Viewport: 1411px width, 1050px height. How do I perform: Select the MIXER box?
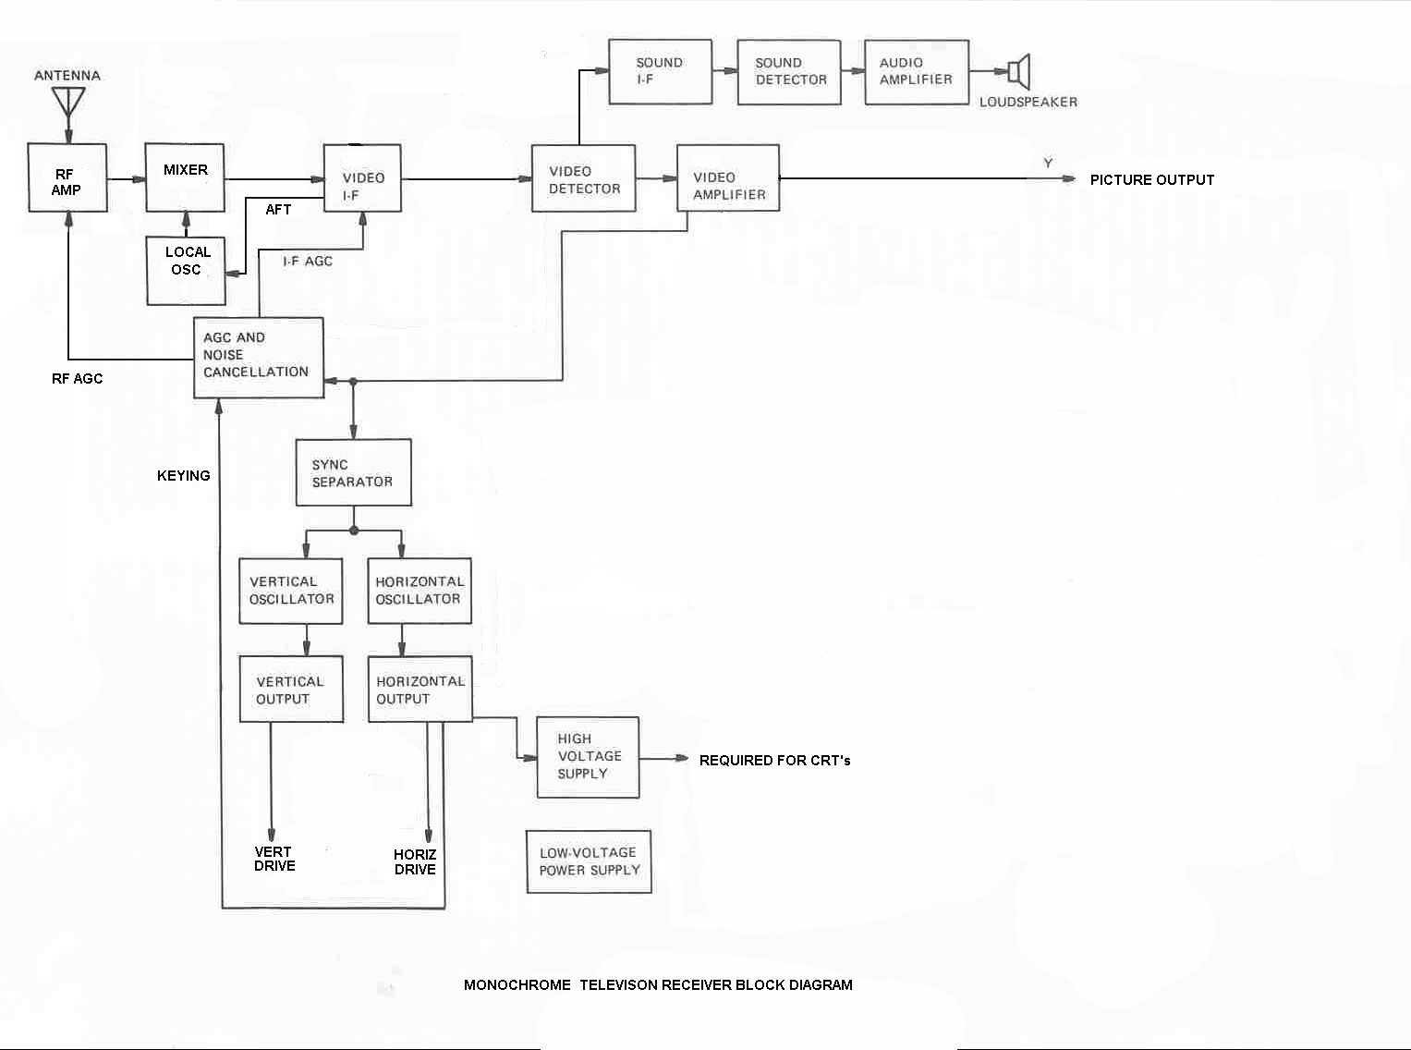click(x=186, y=177)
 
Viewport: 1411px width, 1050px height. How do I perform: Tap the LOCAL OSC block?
click(x=187, y=270)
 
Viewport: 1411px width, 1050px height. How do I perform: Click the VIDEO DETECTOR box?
click(x=584, y=179)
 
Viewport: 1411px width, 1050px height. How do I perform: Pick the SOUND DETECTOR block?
click(x=790, y=71)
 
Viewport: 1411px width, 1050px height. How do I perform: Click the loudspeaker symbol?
click(x=1018, y=71)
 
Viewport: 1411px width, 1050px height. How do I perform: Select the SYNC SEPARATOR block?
click(x=353, y=473)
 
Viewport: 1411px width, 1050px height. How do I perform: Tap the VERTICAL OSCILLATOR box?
click(x=291, y=591)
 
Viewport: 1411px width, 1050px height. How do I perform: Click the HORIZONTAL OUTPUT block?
click(x=420, y=690)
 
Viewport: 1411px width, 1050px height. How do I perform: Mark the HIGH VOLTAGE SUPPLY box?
click(x=589, y=757)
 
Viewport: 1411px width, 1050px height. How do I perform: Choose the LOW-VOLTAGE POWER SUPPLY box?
click(x=590, y=861)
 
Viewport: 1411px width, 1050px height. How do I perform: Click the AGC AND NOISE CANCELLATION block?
click(x=259, y=357)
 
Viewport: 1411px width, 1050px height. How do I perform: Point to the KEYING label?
click(x=184, y=476)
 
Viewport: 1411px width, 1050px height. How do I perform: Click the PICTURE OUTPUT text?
click(x=1151, y=180)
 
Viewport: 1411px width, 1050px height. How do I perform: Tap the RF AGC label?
click(x=78, y=379)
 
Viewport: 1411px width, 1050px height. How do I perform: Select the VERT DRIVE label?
click(x=274, y=859)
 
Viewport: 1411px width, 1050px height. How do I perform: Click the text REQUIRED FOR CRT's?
click(x=774, y=761)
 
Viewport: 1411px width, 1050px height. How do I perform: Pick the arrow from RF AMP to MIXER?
click(x=127, y=179)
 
